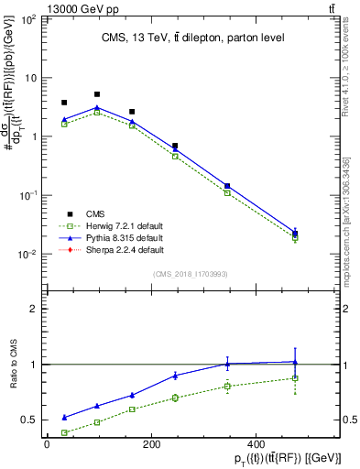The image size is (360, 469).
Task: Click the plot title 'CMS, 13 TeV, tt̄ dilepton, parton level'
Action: click(191, 38)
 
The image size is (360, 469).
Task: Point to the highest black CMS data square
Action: click(97, 94)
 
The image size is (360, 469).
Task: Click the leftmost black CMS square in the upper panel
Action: click(64, 103)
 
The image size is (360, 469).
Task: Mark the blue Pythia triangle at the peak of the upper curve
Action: click(97, 107)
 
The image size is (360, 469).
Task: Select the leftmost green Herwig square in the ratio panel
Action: click(64, 432)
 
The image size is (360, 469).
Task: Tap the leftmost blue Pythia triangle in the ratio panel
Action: click(64, 417)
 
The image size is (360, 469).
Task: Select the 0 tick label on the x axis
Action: click(47, 445)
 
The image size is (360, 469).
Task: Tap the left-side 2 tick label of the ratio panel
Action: click(32, 309)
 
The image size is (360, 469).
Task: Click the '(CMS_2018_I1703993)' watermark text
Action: click(191, 273)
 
